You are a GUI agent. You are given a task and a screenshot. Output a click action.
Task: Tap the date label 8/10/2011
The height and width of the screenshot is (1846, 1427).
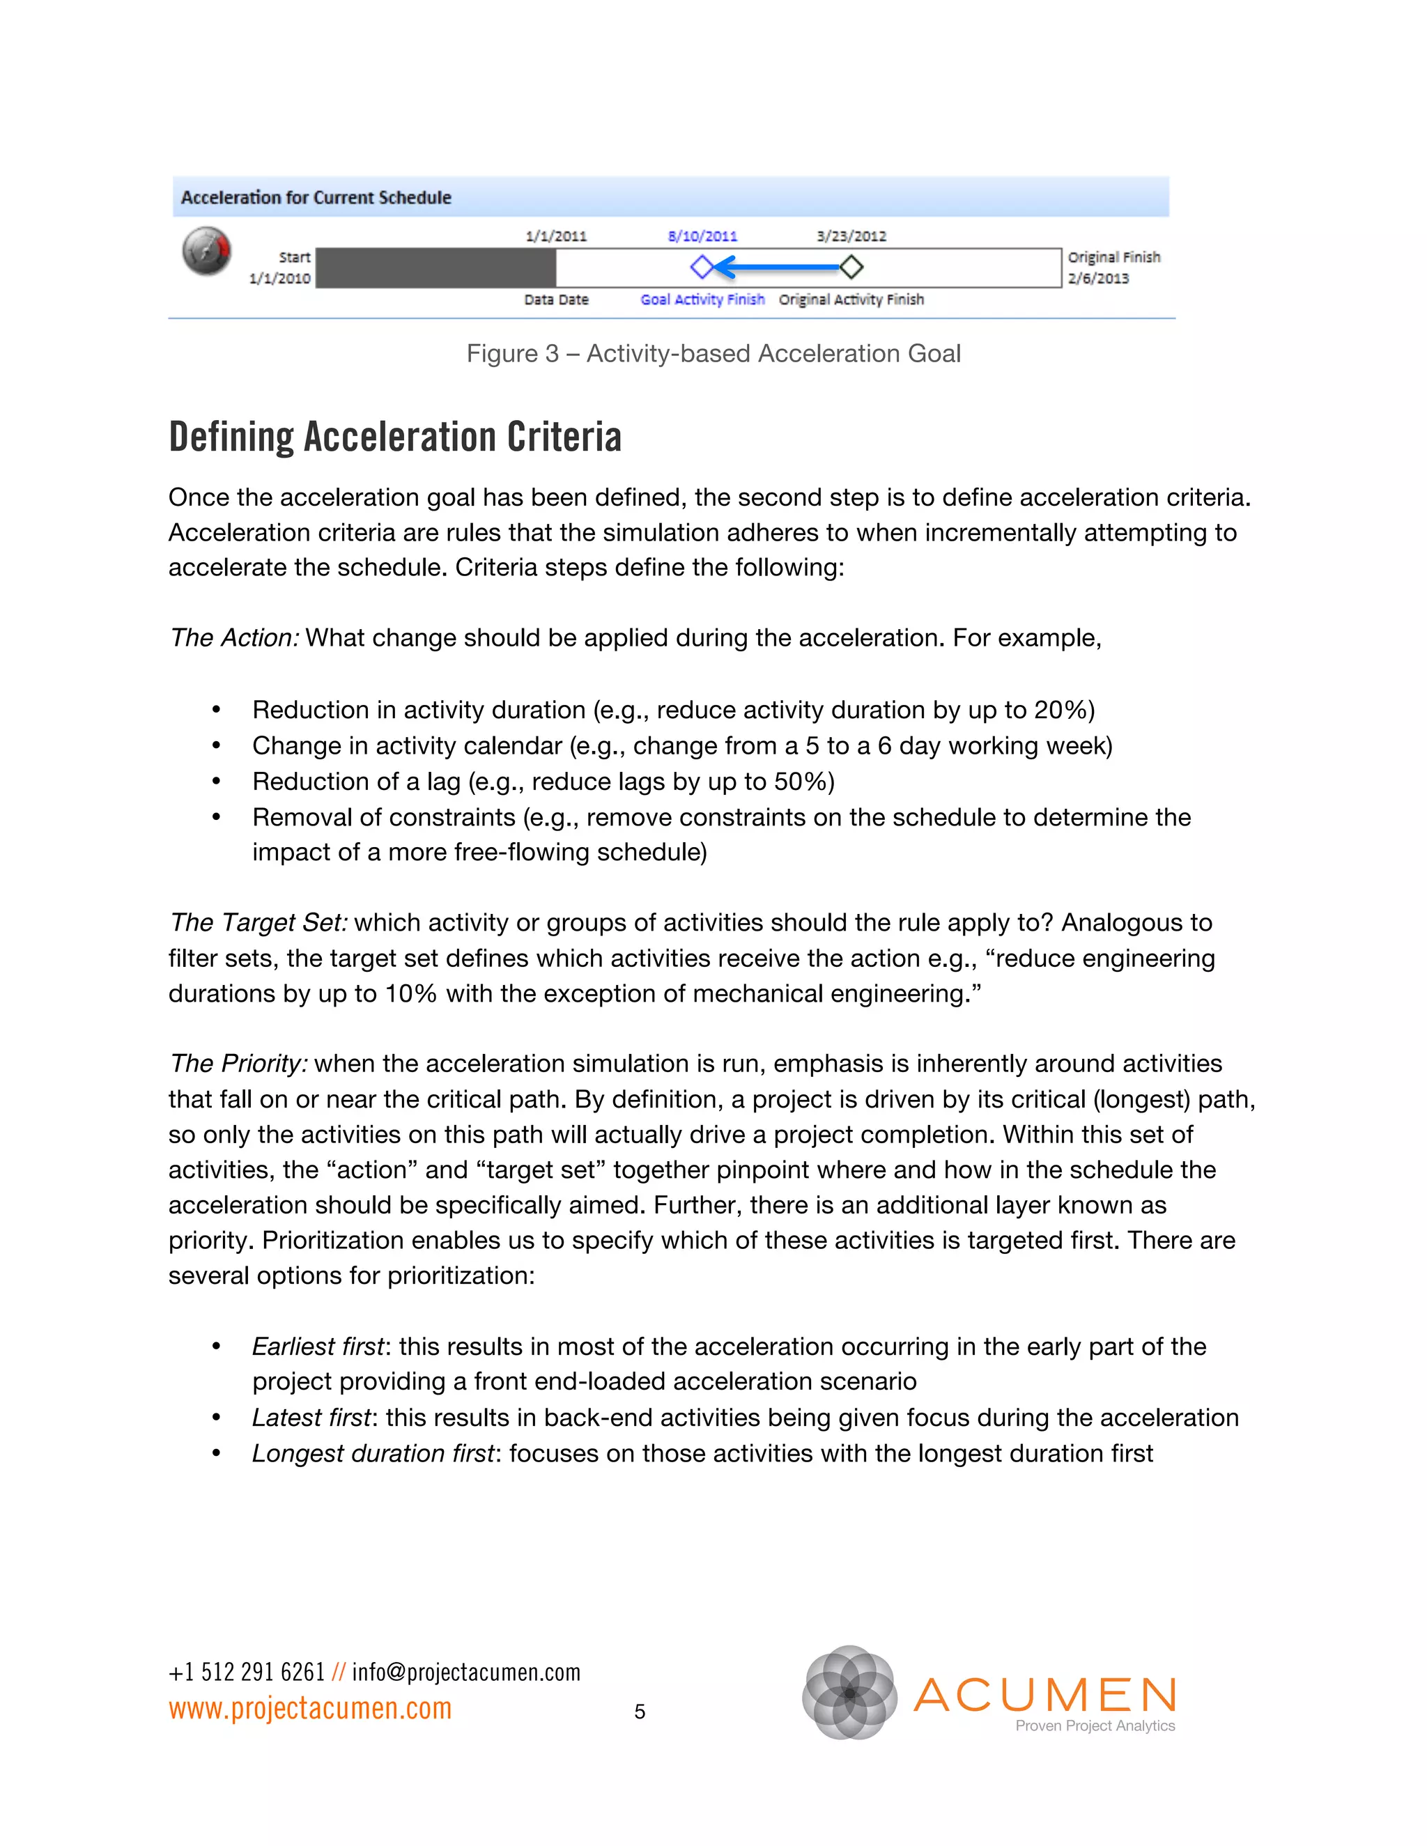pos(702,236)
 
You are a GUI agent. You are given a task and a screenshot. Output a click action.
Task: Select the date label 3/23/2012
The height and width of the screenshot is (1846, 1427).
pos(851,236)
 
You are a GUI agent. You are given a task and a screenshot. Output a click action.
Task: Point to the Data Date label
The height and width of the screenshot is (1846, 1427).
pos(555,300)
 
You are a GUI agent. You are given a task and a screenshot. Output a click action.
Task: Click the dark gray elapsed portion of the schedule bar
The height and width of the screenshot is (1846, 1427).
pos(435,268)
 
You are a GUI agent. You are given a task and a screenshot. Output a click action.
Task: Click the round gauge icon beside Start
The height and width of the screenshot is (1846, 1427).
pos(206,251)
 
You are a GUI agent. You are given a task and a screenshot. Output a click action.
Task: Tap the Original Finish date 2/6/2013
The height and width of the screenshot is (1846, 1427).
pos(1097,278)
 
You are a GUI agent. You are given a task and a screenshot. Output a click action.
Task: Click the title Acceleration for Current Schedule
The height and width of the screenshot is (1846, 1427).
pos(316,197)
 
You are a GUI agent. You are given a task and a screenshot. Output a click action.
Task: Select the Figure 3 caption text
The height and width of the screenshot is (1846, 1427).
pos(713,353)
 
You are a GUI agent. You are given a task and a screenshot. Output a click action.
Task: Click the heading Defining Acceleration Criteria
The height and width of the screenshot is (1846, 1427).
pos(395,437)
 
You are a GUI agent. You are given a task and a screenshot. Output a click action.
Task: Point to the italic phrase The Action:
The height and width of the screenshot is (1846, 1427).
pos(234,637)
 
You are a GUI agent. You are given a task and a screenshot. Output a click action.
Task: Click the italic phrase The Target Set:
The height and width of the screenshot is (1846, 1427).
pos(258,922)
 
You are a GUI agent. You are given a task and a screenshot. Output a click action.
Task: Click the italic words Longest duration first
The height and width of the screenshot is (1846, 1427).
pos(372,1453)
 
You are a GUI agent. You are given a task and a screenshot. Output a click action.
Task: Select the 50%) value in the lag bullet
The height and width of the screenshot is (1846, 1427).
pos(804,781)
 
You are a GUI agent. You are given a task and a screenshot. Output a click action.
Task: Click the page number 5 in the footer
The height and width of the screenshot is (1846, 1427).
pos(639,1712)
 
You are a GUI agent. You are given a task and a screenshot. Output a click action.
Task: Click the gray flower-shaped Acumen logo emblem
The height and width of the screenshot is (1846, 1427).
pos(849,1692)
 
